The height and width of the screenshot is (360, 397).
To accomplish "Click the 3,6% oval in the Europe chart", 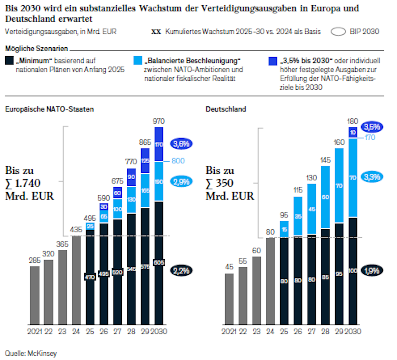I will click(x=182, y=144).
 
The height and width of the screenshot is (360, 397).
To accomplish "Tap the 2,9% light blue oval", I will click(x=181, y=182).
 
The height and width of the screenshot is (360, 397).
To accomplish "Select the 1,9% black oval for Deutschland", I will click(x=372, y=271).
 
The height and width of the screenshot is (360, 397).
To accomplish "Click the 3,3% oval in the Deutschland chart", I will click(x=372, y=177).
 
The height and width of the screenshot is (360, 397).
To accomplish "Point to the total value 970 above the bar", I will click(x=159, y=121).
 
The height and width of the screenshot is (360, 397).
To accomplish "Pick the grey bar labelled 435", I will click(x=76, y=280).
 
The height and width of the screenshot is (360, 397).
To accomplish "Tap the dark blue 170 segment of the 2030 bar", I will click(x=159, y=144).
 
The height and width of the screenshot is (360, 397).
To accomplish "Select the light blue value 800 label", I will click(x=178, y=161).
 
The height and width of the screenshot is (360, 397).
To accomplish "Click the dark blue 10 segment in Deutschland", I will click(x=353, y=133).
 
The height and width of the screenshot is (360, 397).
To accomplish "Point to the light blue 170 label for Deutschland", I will click(x=370, y=137).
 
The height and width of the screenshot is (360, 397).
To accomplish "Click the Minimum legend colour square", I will click(x=9, y=61).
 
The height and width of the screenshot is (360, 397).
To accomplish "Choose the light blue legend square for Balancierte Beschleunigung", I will click(x=138, y=61).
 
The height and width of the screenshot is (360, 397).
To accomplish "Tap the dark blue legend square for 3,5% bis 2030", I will click(x=273, y=61).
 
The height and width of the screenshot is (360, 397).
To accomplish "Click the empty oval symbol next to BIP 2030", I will click(x=338, y=32).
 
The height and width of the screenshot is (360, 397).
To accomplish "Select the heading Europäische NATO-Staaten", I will click(x=49, y=109).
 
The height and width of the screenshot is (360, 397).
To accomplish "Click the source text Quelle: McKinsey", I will click(x=31, y=353).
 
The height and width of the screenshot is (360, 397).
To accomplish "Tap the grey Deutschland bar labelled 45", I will click(x=229, y=298).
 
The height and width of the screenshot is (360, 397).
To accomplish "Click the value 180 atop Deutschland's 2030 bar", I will click(x=353, y=121).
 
